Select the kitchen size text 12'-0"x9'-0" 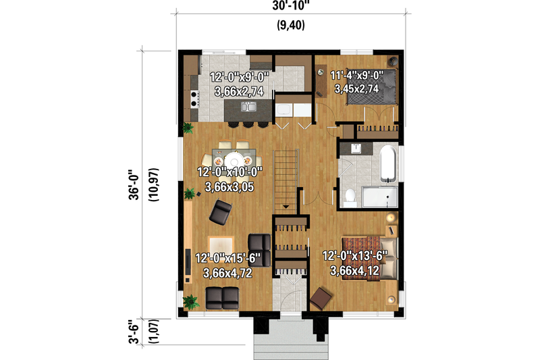240,77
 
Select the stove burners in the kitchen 196,99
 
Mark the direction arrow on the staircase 286,206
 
